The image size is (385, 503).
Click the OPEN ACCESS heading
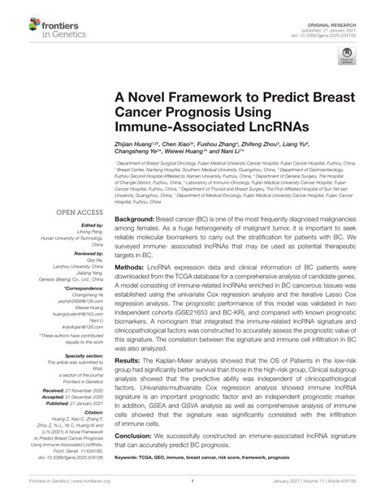[78, 212]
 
